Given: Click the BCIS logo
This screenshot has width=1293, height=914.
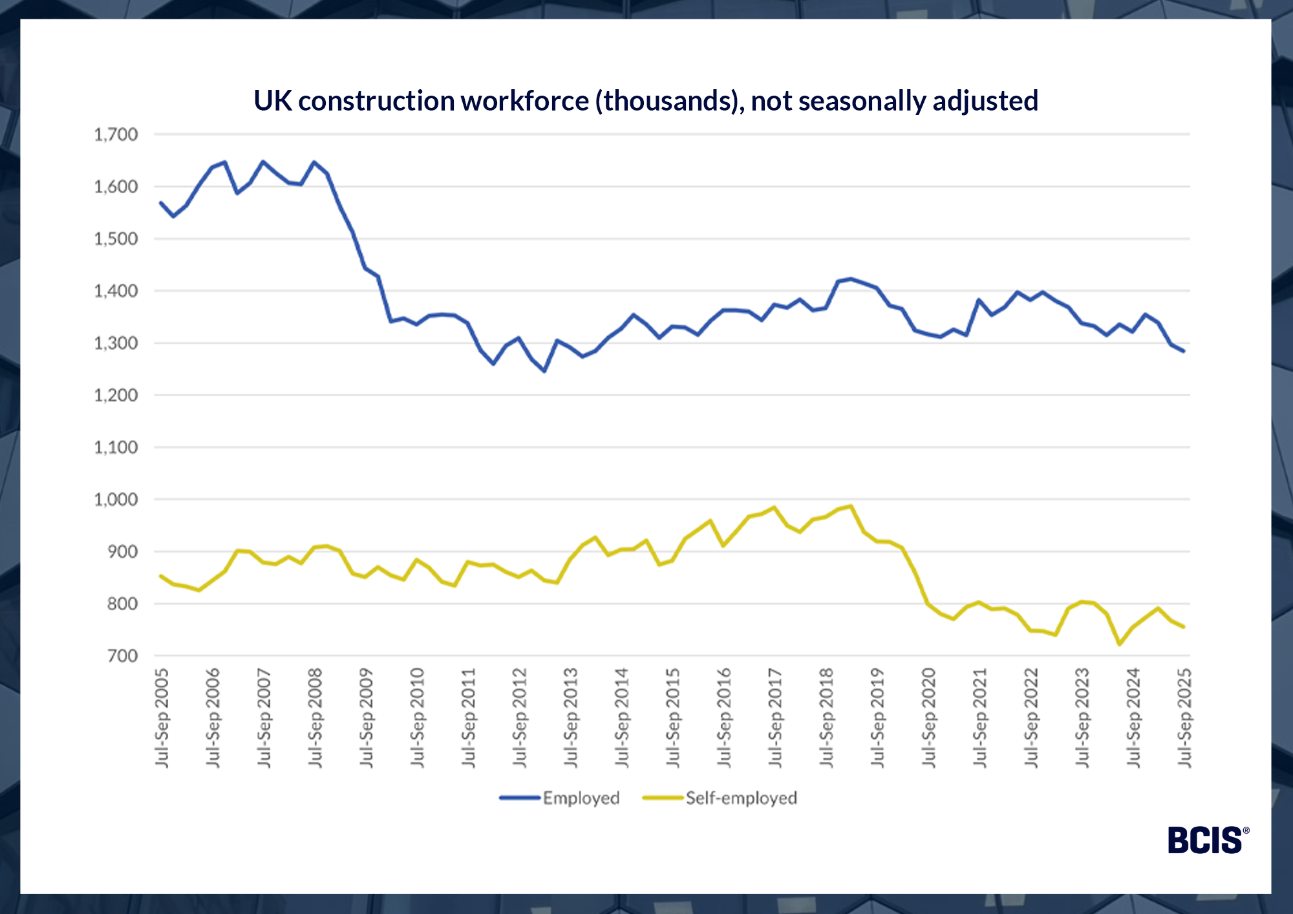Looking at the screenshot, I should pyautogui.click(x=1206, y=840).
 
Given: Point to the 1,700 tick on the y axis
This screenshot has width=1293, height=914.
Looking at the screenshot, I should pyautogui.click(x=116, y=134).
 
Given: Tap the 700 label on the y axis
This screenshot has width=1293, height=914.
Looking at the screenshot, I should pyautogui.click(x=123, y=656).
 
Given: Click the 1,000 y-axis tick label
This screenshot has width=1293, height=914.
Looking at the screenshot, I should pyautogui.click(x=116, y=500).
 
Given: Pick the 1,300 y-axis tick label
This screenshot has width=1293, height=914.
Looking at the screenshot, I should pyautogui.click(x=116, y=343).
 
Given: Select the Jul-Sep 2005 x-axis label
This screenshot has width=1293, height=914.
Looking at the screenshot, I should pyautogui.click(x=162, y=718).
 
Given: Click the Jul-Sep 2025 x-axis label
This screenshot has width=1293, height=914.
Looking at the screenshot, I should pyautogui.click(x=1184, y=718).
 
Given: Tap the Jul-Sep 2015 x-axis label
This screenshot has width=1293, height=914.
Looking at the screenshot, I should pyautogui.click(x=673, y=718).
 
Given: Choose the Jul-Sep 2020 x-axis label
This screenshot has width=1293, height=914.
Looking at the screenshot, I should pyautogui.click(x=929, y=718).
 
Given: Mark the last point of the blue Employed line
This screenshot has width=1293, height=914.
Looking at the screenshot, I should pyautogui.click(x=1184, y=351).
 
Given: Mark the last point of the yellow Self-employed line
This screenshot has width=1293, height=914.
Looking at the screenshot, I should pyautogui.click(x=1184, y=627).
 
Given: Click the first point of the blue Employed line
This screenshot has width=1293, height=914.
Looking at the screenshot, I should pyautogui.click(x=161, y=203).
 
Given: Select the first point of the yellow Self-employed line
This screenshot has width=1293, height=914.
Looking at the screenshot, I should pyautogui.click(x=161, y=575).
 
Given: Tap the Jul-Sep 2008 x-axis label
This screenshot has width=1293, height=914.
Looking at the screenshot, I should pyautogui.click(x=315, y=718).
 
